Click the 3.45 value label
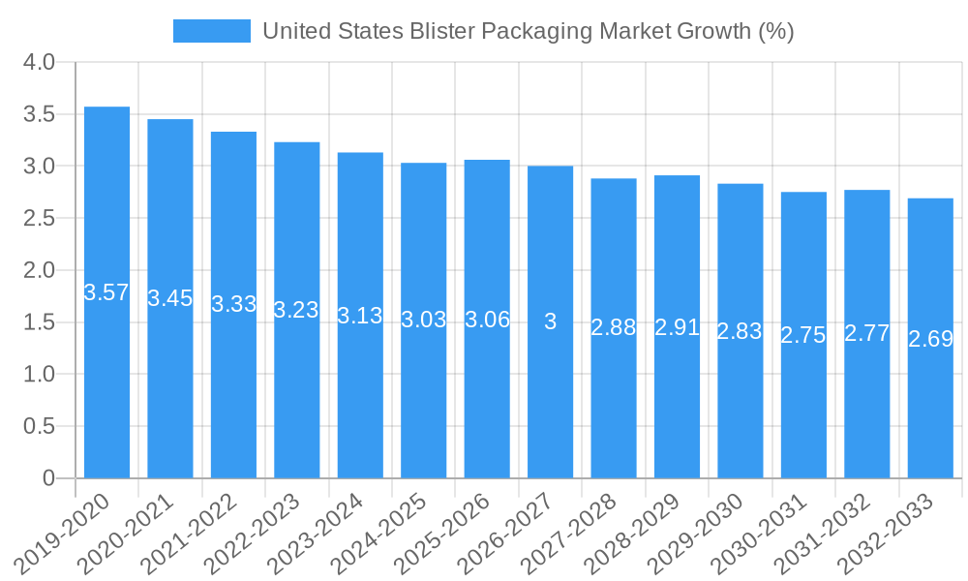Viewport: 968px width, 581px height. click(170, 298)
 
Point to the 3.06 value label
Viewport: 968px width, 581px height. click(487, 321)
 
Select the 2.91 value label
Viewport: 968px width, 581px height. click(677, 327)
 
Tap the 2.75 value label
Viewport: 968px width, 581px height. click(803, 335)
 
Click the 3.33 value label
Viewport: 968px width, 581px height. click(233, 304)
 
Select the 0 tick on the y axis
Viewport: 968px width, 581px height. click(49, 478)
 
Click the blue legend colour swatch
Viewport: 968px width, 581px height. click(211, 31)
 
